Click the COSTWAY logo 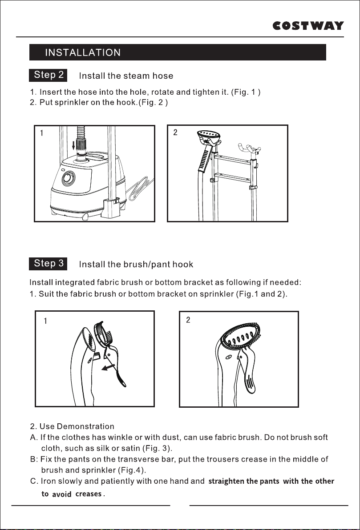(x=308, y=26)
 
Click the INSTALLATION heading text (x=83, y=53)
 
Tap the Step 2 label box (x=48, y=75)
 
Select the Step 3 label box (x=48, y=264)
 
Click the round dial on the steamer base (x=69, y=178)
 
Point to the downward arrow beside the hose (x=74, y=146)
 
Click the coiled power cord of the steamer (x=139, y=188)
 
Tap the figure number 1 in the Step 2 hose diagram (x=42, y=133)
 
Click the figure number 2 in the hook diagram (x=175, y=132)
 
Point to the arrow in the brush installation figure (x=108, y=367)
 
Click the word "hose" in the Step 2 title (x=163, y=76)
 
